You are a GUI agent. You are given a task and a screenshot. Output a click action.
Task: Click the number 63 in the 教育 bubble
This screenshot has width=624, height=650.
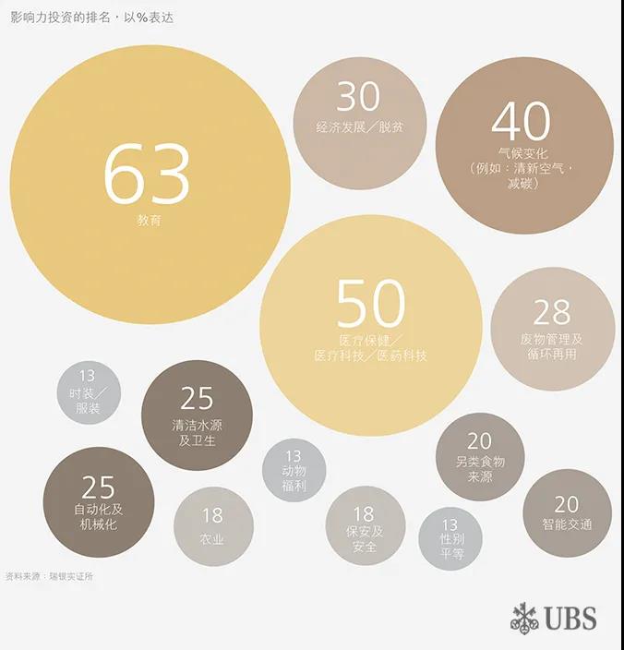coord(147,175)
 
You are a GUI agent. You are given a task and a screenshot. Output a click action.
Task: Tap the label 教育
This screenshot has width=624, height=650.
coord(149,222)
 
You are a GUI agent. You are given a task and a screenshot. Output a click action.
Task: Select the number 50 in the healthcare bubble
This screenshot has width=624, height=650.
coord(370,304)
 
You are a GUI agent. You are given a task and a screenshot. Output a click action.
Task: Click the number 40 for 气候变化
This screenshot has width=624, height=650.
coord(522,122)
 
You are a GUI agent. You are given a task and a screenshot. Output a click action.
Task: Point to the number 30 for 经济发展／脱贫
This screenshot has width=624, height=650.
coord(358,97)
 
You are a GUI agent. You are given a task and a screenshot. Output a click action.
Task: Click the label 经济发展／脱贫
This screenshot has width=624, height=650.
coord(360,126)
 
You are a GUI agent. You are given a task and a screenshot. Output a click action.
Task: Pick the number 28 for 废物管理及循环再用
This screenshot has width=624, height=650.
coord(551,312)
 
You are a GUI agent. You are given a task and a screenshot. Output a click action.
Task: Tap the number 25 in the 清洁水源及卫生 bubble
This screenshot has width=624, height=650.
coord(197,398)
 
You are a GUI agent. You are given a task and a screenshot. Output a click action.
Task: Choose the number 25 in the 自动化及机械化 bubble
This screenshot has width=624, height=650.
coord(98,487)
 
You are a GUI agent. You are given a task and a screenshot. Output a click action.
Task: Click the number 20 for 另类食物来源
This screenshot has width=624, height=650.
coord(479,441)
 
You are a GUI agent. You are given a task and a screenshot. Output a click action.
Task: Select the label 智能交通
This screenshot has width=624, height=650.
coord(567,524)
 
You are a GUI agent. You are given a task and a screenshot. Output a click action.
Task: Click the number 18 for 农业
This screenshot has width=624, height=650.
coord(212,515)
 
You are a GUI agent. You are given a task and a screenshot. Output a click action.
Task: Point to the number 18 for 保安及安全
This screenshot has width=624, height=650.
coord(364,513)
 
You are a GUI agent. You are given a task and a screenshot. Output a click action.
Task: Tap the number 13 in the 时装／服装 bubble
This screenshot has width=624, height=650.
coord(88,377)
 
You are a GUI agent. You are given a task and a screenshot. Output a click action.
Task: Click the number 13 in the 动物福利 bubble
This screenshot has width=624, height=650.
coord(294,455)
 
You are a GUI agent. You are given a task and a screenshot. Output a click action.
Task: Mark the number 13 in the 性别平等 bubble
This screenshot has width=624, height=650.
coord(450,524)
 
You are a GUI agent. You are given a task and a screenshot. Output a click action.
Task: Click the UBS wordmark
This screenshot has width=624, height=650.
coord(570,618)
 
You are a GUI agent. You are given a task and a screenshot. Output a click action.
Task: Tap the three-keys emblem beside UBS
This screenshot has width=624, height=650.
coord(525,618)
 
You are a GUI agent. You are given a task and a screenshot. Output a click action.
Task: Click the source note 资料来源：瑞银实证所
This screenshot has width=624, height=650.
coord(49,577)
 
